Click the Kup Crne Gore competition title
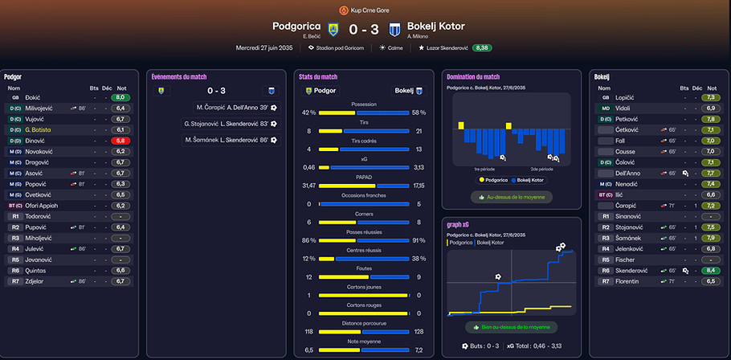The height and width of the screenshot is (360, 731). (x=370, y=10)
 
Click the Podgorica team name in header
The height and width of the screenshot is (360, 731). (x=296, y=27)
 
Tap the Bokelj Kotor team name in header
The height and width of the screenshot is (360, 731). (x=436, y=27)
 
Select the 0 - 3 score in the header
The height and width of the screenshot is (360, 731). (x=365, y=28)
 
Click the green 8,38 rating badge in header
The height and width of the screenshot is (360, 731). (x=483, y=48)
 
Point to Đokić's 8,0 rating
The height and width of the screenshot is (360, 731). (x=120, y=96)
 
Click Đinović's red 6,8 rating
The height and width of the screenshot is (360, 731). (x=120, y=140)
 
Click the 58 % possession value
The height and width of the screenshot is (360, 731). (x=419, y=112)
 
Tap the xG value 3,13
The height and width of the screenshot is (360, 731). (x=419, y=167)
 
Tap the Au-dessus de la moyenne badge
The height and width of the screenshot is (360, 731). (x=511, y=197)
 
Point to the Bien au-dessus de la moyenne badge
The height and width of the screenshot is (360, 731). (x=511, y=327)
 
